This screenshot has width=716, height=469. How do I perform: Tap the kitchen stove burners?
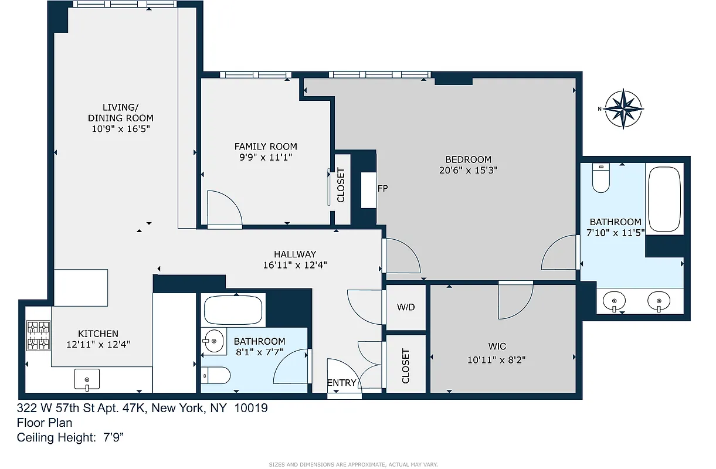click(39, 336)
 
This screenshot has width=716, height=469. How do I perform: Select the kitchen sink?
click(87, 380)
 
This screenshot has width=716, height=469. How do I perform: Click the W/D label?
click(406, 307)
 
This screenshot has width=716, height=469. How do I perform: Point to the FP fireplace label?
click(382, 189)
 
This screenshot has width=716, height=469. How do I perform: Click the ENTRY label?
click(341, 383)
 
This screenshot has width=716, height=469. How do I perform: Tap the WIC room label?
click(497, 346)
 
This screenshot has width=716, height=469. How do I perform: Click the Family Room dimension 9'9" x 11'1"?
click(266, 157)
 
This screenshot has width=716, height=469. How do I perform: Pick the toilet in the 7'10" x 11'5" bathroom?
click(601, 178)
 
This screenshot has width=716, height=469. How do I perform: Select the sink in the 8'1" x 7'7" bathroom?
click(214, 341)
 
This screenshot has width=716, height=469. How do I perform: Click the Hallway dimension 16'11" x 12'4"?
click(295, 265)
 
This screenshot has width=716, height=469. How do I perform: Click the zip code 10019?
click(251, 408)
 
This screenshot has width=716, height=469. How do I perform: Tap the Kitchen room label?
click(98, 334)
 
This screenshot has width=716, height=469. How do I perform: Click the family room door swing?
click(224, 208)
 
